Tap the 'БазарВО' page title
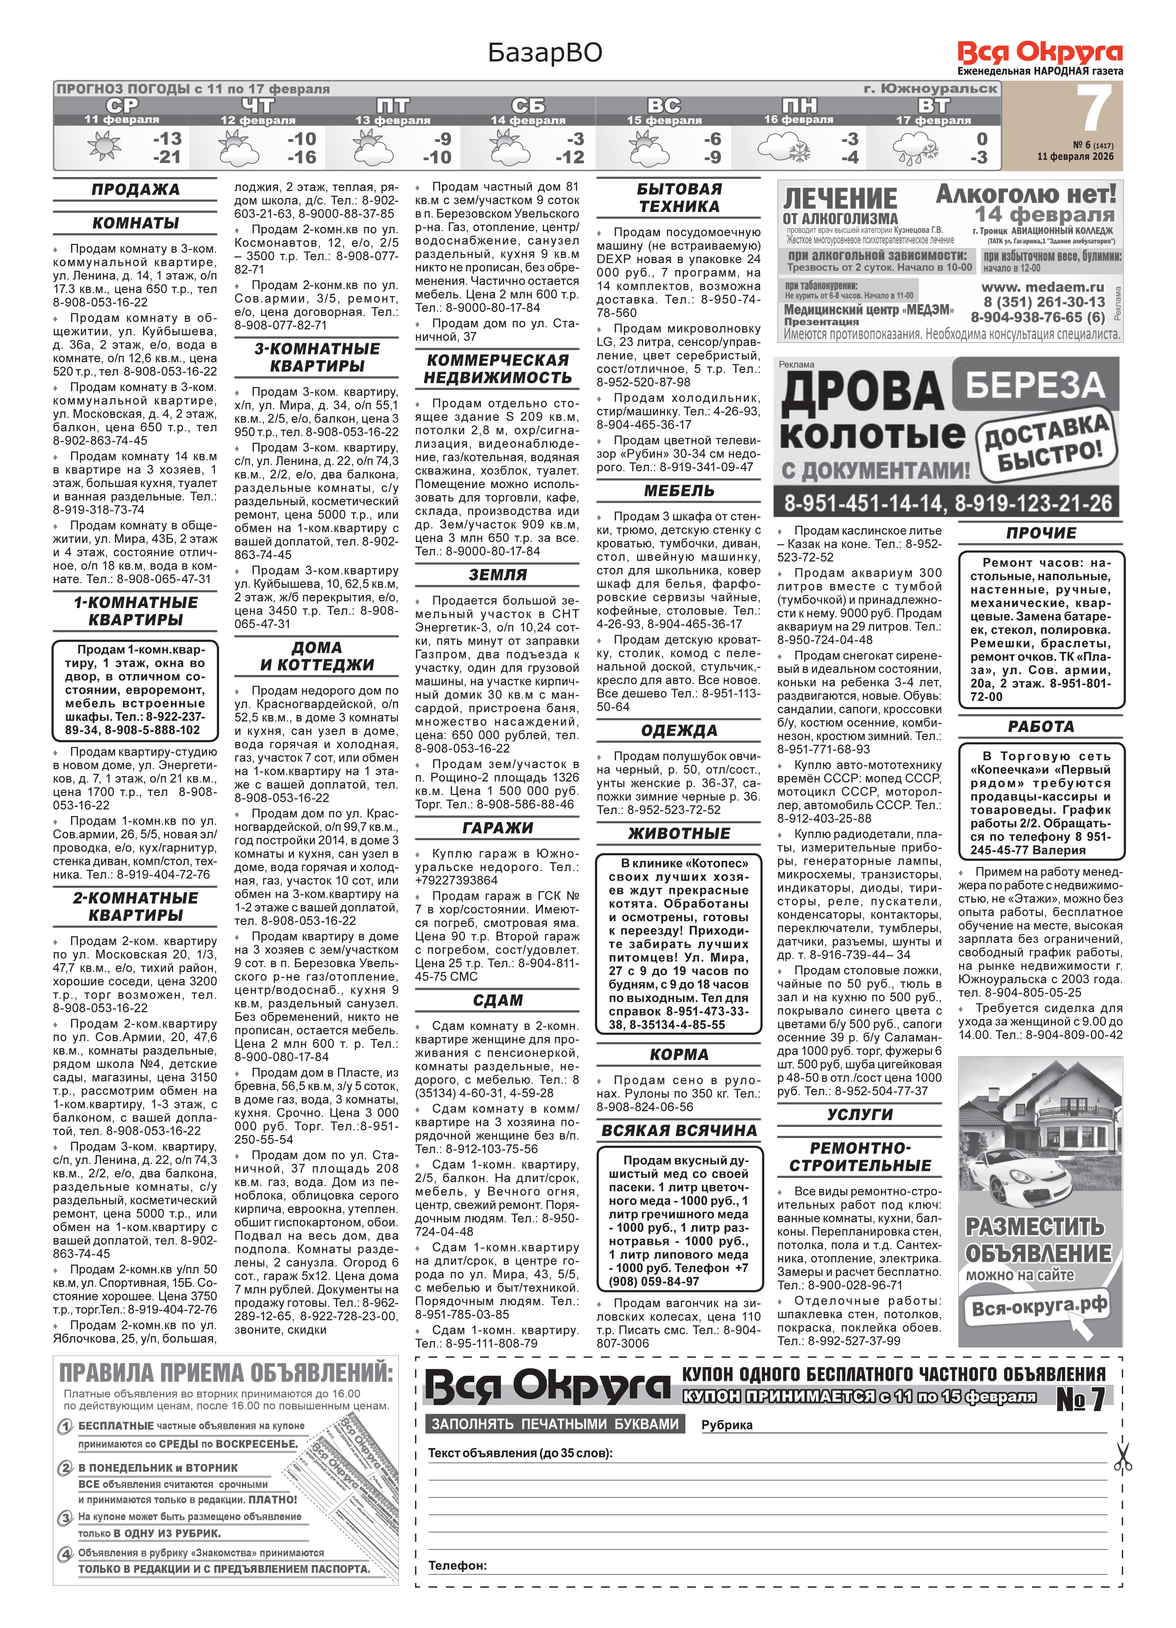pyautogui.click(x=545, y=52)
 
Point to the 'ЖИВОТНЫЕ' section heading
pyautogui.click(x=679, y=833)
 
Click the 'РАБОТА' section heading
pyautogui.click(x=1040, y=726)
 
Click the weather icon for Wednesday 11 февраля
pyautogui.click(x=104, y=147)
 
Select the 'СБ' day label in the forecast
pyautogui.click(x=528, y=105)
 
